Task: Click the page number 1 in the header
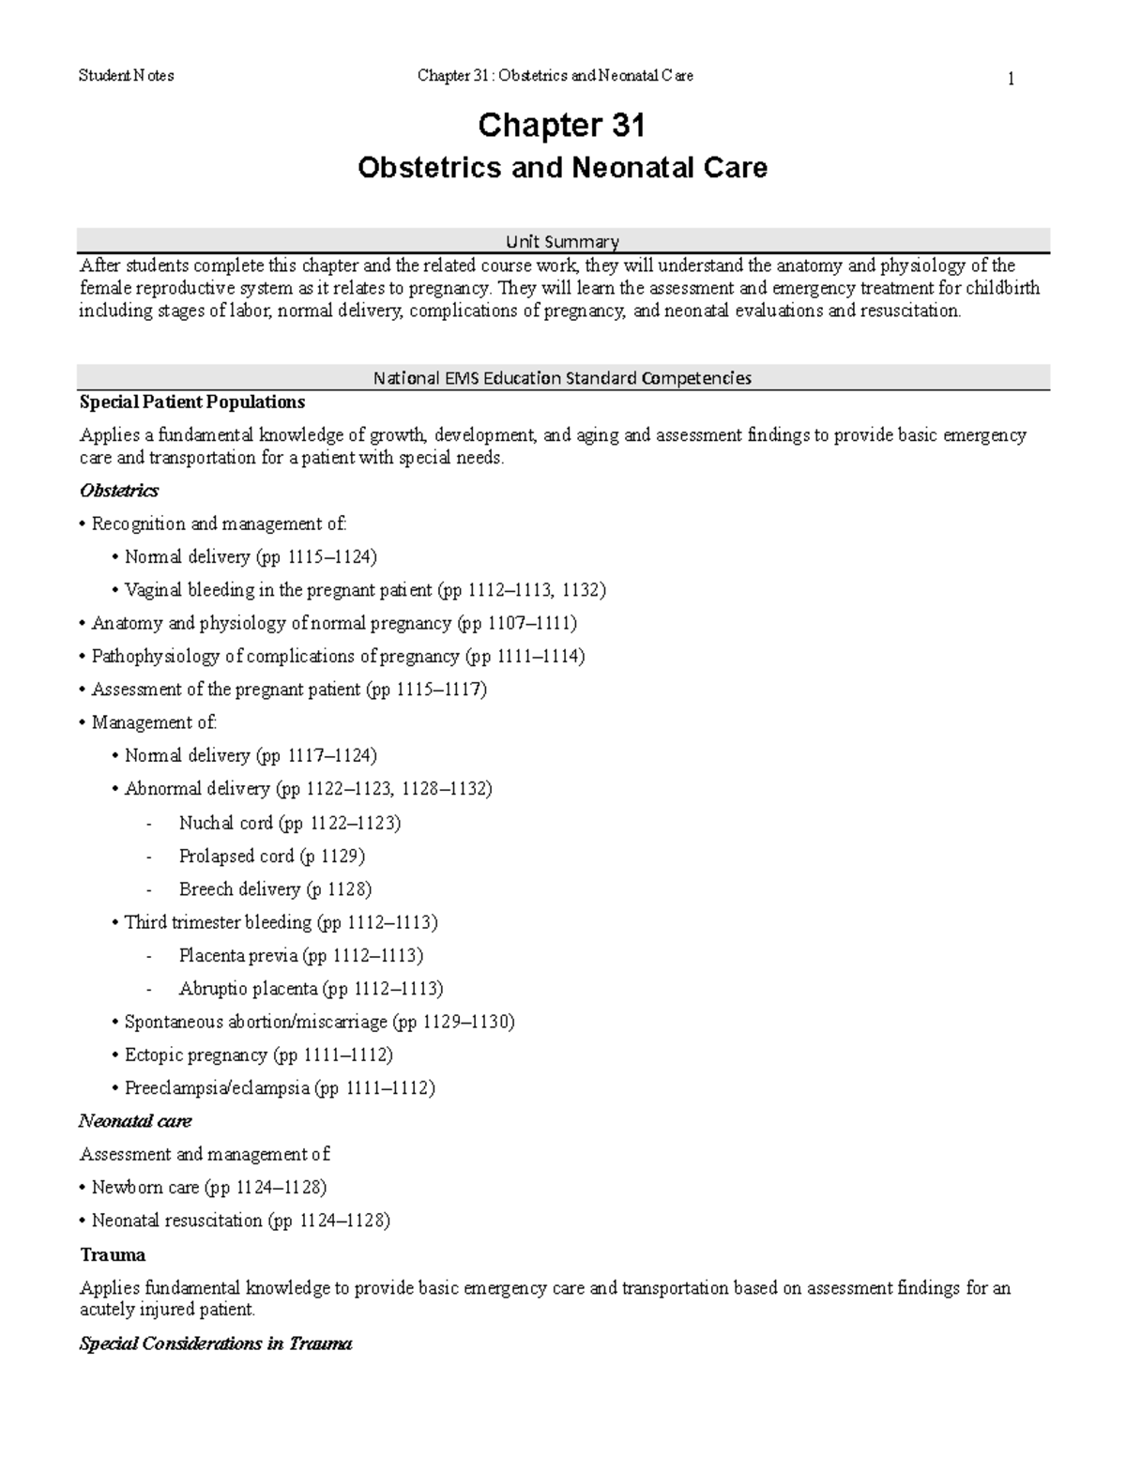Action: (x=1011, y=80)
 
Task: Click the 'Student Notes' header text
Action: (x=127, y=76)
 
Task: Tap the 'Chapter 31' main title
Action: (x=561, y=125)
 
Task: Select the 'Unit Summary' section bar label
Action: (x=563, y=241)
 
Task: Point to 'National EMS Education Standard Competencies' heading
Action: (x=563, y=378)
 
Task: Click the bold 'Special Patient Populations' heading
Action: (x=192, y=402)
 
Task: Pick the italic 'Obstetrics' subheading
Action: (x=119, y=491)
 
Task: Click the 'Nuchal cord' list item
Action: (x=289, y=823)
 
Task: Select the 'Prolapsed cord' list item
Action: (x=271, y=856)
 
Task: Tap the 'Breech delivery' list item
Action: (x=275, y=888)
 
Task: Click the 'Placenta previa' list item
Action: (x=300, y=955)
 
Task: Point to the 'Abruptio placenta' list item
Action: (x=311, y=988)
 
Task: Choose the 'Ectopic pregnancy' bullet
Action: (x=258, y=1055)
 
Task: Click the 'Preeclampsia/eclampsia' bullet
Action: (x=279, y=1088)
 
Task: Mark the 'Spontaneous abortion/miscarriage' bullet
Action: (x=319, y=1022)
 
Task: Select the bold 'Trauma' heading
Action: (x=113, y=1254)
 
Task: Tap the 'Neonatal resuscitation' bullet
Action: (x=240, y=1221)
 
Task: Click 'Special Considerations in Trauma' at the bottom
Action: (x=216, y=1343)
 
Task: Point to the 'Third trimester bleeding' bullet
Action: (x=281, y=922)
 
